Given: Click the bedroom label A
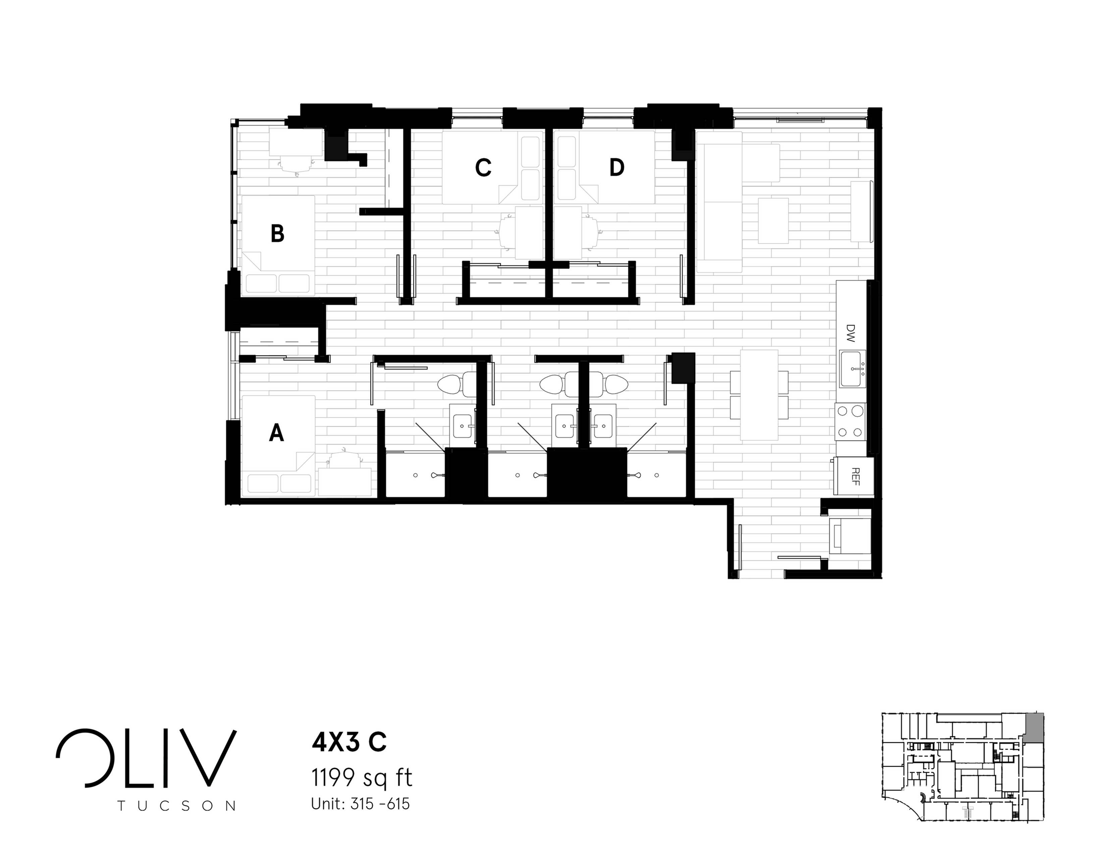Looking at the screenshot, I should pyautogui.click(x=276, y=433).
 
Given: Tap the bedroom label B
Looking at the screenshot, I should pyautogui.click(x=277, y=234).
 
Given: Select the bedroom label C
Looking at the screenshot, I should pyautogui.click(x=483, y=168).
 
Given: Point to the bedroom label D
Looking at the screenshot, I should pyautogui.click(x=616, y=168).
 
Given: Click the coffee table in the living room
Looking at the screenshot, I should pyautogui.click(x=773, y=220).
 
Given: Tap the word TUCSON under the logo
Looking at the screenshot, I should pyautogui.click(x=176, y=806).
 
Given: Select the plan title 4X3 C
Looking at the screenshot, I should pyautogui.click(x=349, y=743).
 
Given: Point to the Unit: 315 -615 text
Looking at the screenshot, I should pyautogui.click(x=360, y=804).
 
